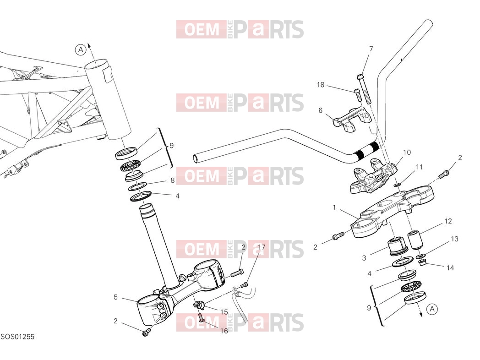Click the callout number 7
click(x=371, y=49)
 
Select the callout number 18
click(x=321, y=84)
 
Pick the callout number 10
click(x=407, y=152)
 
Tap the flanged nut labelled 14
click(x=422, y=262)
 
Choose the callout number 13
click(x=455, y=239)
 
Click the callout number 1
click(x=334, y=207)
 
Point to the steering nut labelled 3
click(x=398, y=246)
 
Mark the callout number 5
click(x=115, y=297)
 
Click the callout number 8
click(x=172, y=180)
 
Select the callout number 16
click(x=224, y=331)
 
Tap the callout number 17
click(x=262, y=247)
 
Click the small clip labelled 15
click(x=198, y=305)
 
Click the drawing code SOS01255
click(x=17, y=337)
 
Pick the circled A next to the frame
click(x=81, y=49)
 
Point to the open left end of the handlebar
click(x=196, y=158)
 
